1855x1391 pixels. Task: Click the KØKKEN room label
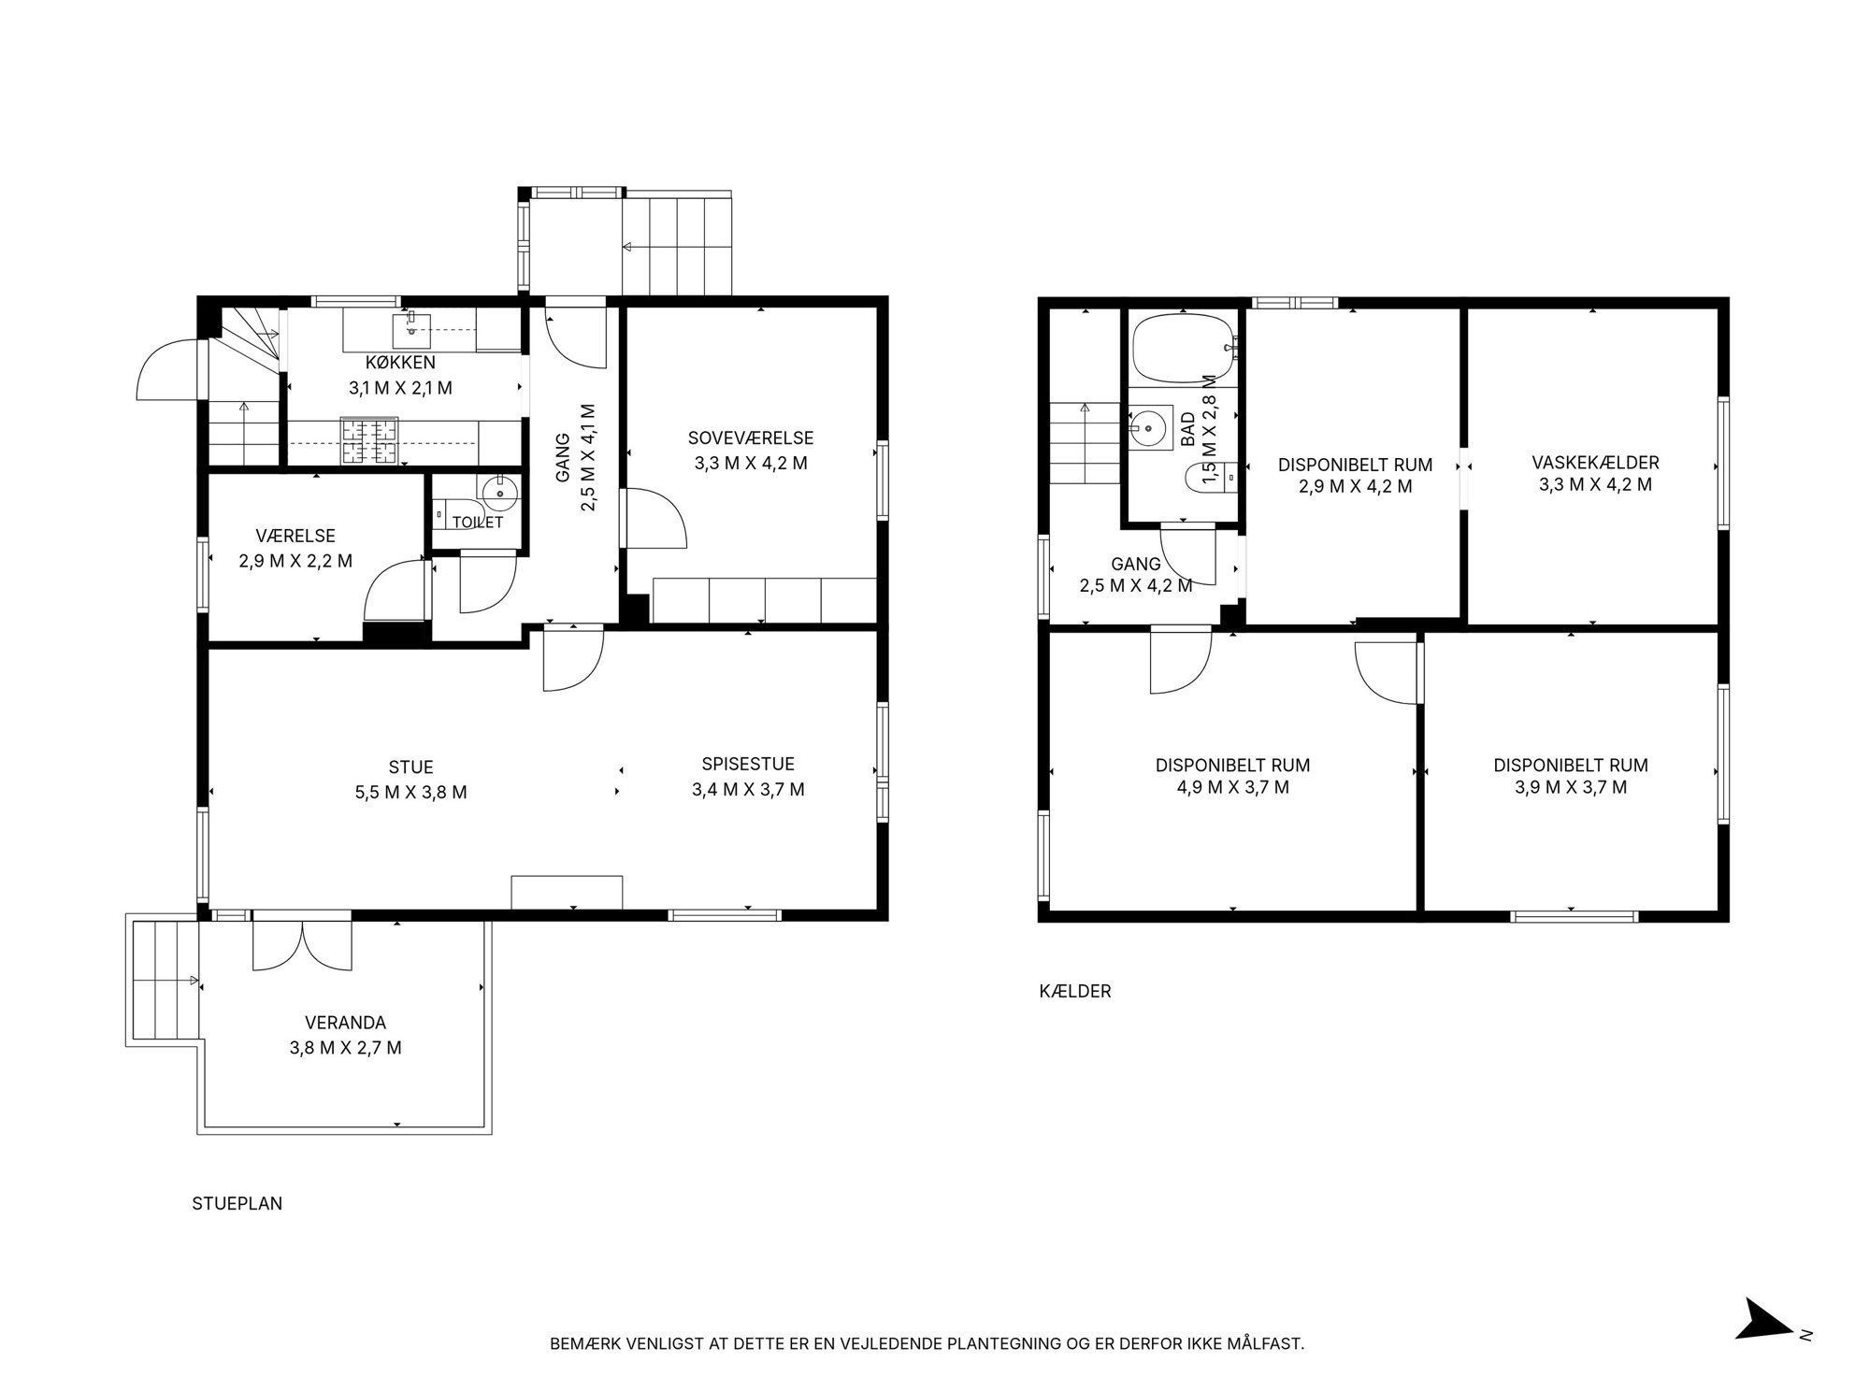pos(400,363)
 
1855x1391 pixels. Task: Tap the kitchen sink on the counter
pos(410,324)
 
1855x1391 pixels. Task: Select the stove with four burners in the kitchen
pos(369,441)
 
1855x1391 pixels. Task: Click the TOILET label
pos(478,522)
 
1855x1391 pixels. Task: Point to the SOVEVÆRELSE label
pos(751,437)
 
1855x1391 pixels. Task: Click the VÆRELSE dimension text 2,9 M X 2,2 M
pos(295,561)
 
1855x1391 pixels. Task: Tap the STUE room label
pos(410,767)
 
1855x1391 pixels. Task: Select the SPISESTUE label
pos(748,765)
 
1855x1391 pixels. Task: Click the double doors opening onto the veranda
pos(302,944)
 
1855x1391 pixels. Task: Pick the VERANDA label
pos(345,1023)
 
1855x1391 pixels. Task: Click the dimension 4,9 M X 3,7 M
pos(1232,787)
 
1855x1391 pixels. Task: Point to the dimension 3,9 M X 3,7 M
pos(1571,787)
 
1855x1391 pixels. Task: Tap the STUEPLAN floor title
pos(237,1204)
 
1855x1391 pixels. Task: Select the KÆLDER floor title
pos(1075,992)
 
